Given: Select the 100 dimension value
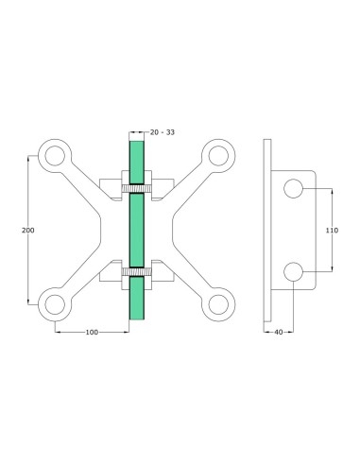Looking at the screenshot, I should point(93,333).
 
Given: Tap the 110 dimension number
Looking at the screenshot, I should point(331,230).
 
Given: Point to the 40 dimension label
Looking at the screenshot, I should point(280,333).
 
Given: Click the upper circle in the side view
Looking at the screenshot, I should point(295,190).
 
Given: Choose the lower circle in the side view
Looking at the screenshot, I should point(295,273).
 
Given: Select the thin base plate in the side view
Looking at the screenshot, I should point(267,232).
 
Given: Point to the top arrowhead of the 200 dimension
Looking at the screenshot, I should point(32,159).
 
